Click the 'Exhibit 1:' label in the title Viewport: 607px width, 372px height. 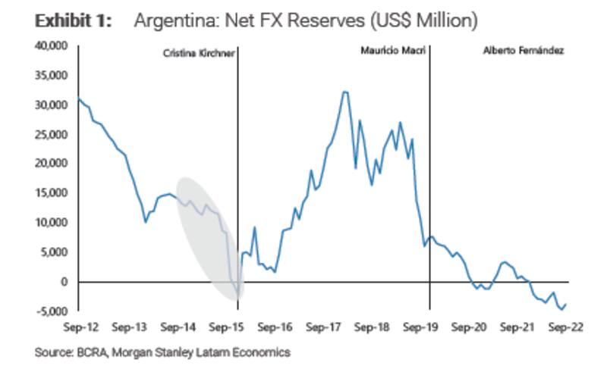point(73,20)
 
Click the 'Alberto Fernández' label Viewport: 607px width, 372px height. point(523,52)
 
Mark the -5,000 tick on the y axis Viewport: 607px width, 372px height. point(53,311)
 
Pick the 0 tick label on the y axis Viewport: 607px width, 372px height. point(64,282)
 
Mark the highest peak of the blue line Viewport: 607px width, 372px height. point(344,92)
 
